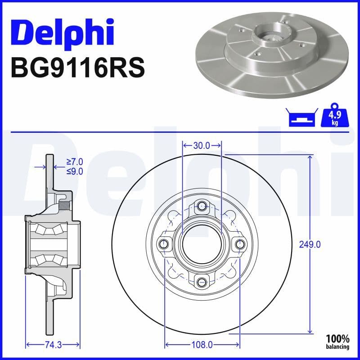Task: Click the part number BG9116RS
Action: tap(77, 68)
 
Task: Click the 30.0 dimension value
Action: tap(202, 145)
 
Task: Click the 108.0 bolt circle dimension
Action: tap(202, 345)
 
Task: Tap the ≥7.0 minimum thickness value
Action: tap(75, 162)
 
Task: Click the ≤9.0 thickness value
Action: tap(75, 171)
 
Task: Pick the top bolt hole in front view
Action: tap(202, 207)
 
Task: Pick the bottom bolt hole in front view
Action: tap(202, 282)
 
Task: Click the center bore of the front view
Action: tap(202, 244)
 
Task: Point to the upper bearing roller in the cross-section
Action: tap(47, 230)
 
